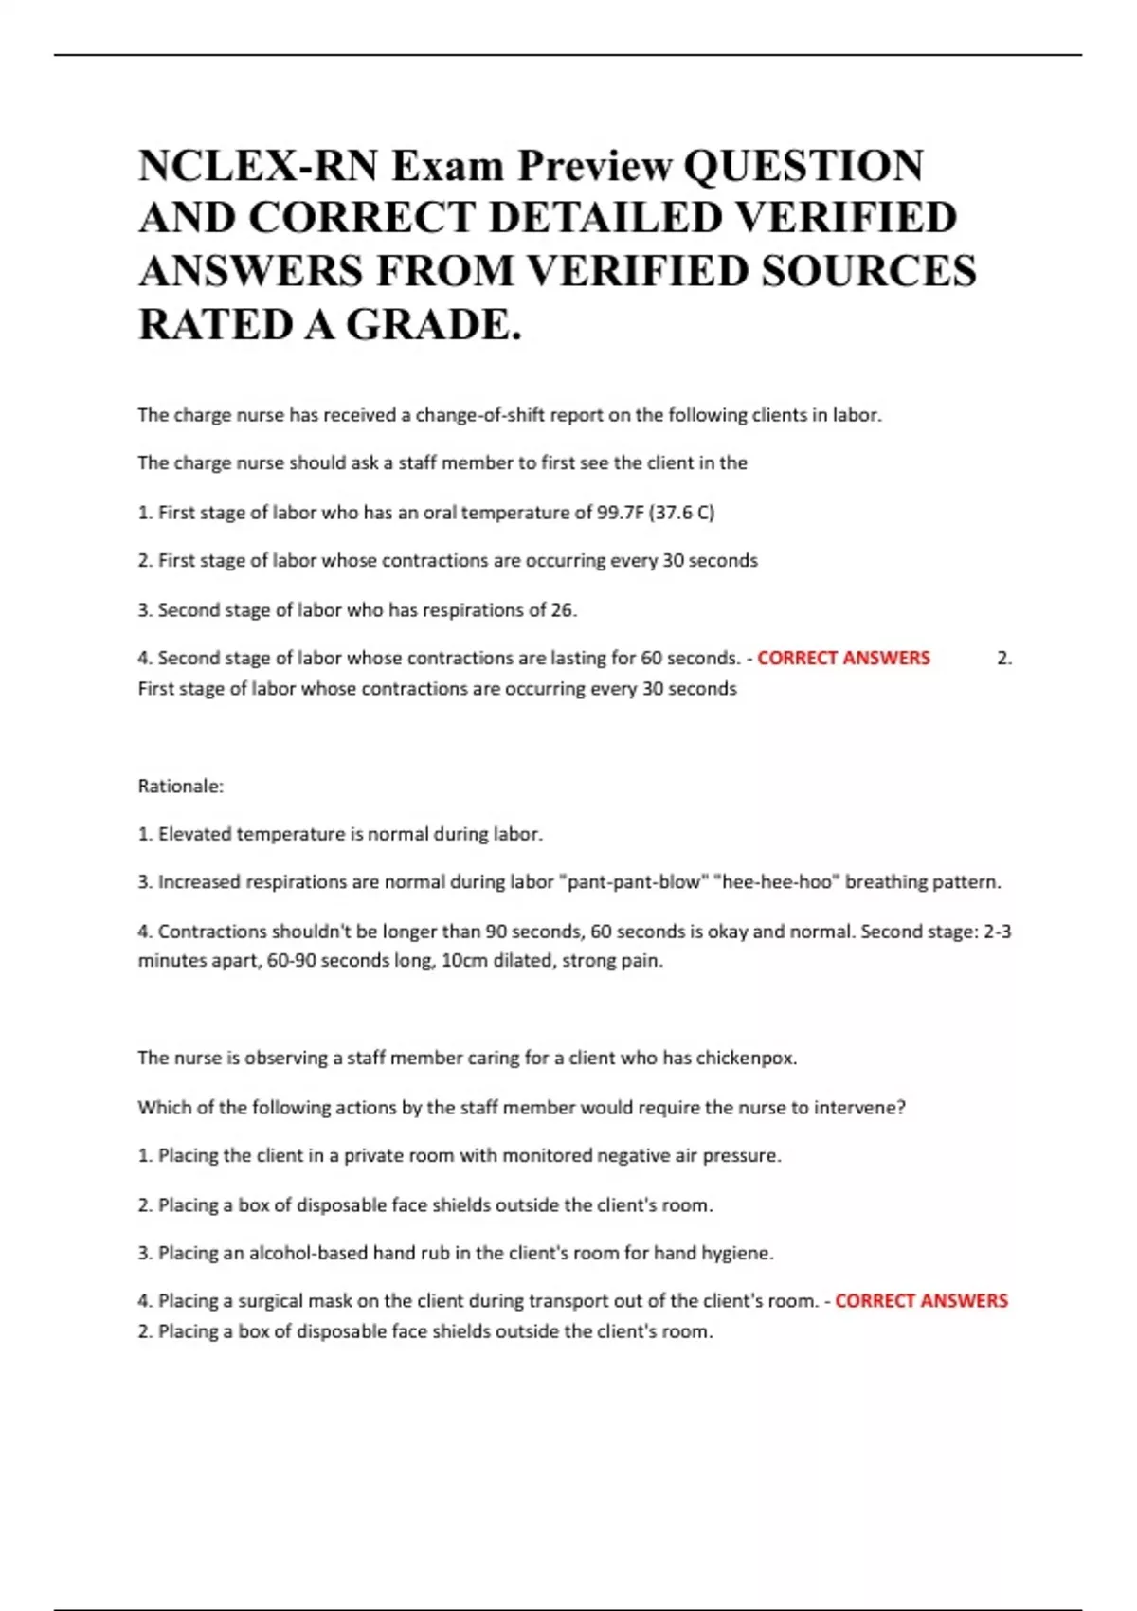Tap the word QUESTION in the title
click(803, 166)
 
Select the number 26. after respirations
click(564, 610)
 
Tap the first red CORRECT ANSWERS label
click(843, 658)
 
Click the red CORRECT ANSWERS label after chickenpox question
click(921, 1301)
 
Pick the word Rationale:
click(181, 786)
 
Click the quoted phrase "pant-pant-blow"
click(632, 882)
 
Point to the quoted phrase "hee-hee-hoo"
click(776, 882)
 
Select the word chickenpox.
click(746, 1059)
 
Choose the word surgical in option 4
click(270, 1301)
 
